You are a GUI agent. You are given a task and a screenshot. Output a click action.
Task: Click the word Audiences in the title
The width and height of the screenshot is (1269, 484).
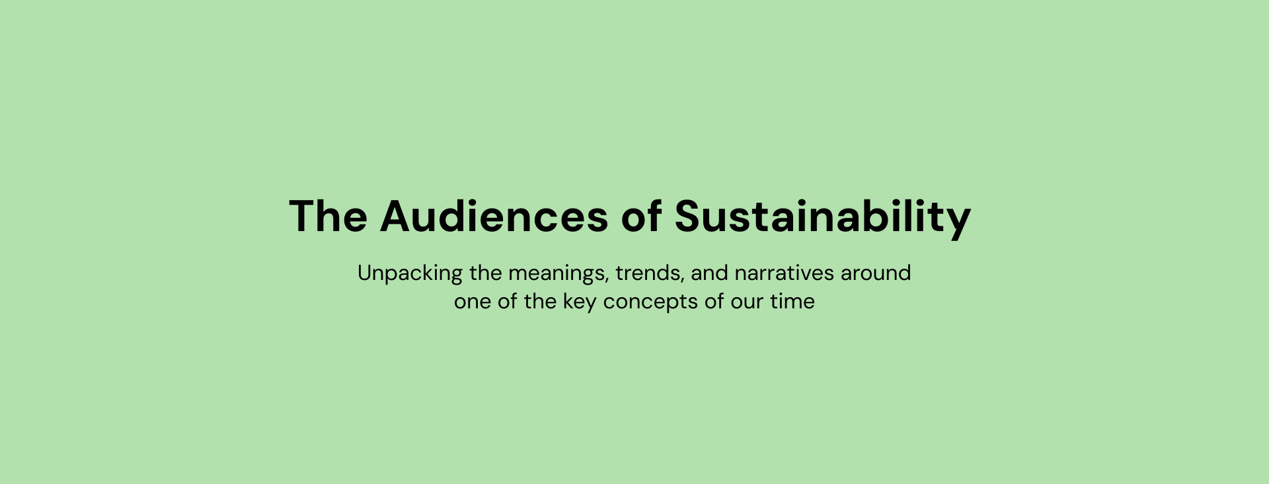coord(494,216)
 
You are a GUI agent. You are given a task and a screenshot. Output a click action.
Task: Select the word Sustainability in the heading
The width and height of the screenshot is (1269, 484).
coord(822,218)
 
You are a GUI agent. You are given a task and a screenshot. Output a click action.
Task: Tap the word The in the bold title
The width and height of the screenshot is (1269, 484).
coord(328,216)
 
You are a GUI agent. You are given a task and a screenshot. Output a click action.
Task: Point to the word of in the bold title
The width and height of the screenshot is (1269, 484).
coord(641,216)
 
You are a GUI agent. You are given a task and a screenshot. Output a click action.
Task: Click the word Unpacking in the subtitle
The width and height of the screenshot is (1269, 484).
coord(410,273)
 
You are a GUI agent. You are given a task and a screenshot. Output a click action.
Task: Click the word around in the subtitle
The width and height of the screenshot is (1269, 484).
coord(876,273)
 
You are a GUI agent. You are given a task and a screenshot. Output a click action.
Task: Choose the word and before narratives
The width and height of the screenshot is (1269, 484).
coord(709,273)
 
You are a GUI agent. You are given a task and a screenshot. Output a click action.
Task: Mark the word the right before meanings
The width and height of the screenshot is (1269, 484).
coord(486,273)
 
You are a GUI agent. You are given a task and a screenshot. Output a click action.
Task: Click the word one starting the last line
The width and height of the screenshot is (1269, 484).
coord(473,302)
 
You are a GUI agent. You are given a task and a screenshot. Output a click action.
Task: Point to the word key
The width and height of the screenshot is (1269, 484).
coord(580,303)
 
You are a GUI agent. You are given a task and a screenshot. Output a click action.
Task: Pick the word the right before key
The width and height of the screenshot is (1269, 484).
coord(540,301)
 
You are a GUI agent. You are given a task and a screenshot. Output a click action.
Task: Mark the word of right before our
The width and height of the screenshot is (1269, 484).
coord(714,301)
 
